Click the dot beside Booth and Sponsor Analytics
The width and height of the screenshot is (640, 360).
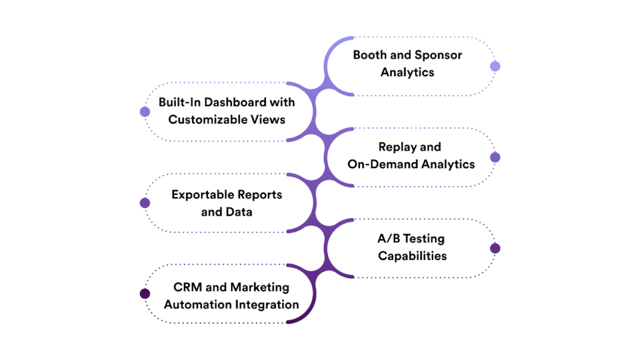(495, 66)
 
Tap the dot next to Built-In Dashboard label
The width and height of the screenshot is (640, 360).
(145, 112)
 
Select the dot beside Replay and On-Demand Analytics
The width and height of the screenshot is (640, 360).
(495, 157)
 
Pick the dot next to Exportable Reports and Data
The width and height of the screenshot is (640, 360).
(145, 203)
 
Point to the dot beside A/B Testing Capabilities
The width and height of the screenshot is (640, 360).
(495, 248)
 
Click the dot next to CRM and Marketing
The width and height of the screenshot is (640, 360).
(145, 294)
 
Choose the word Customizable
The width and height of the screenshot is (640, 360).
(207, 119)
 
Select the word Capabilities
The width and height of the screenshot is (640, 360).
(412, 256)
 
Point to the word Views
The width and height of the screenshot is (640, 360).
(268, 119)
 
